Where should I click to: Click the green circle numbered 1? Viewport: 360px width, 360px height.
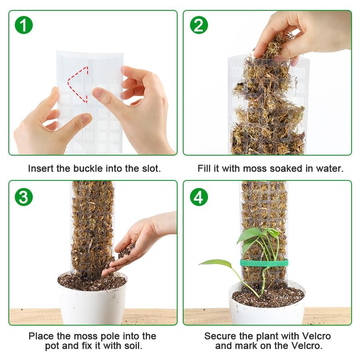pos(24,25)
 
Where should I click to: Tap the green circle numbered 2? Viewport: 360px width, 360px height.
pos(199,25)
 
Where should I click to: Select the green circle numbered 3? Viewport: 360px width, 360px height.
pos(24,197)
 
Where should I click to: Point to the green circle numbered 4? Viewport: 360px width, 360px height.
pos(199,197)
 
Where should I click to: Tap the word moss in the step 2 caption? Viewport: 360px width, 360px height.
pos(255,168)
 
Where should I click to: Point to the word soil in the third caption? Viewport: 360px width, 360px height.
pos(133,346)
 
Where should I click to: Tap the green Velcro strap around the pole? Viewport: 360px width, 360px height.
pos(264,263)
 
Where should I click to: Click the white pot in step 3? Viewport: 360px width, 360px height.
pos(93,298)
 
